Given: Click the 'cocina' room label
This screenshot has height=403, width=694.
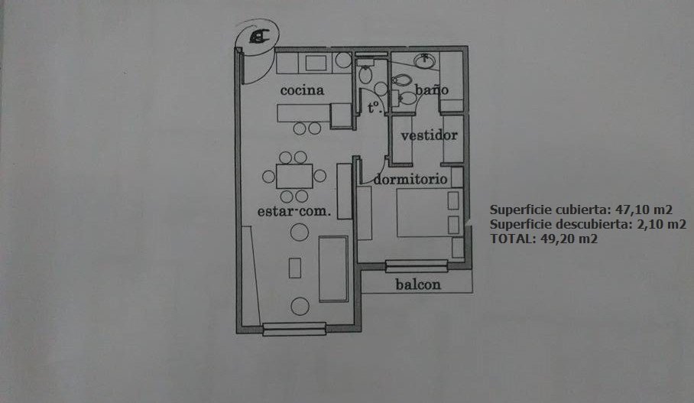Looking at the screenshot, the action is pyautogui.click(x=302, y=90).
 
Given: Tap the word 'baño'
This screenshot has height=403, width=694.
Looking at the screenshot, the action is pyautogui.click(x=432, y=89).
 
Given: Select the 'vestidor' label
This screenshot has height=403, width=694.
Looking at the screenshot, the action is pyautogui.click(x=429, y=135).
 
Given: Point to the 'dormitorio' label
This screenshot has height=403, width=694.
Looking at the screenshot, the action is pyautogui.click(x=410, y=180).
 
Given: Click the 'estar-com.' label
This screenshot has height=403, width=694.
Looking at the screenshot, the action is pyautogui.click(x=294, y=211).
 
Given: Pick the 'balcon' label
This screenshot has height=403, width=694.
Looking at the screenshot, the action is pyautogui.click(x=418, y=284).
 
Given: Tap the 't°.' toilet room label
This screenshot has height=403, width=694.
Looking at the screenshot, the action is pyautogui.click(x=375, y=108).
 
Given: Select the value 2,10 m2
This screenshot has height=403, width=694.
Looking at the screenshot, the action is pyautogui.click(x=661, y=224).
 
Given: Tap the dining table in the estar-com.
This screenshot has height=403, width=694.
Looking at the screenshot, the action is pyautogui.click(x=294, y=176).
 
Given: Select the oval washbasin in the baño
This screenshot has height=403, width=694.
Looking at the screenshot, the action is pyautogui.click(x=424, y=61).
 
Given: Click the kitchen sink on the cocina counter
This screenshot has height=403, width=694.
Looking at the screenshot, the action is pyautogui.click(x=316, y=63).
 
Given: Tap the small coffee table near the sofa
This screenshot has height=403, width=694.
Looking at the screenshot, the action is pyautogui.click(x=295, y=268).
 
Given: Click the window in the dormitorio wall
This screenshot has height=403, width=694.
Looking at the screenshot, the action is pyautogui.click(x=417, y=265).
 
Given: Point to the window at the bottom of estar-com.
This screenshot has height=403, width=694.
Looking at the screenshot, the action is pyautogui.click(x=294, y=329).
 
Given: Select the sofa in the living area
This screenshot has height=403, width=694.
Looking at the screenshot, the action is pyautogui.click(x=333, y=269).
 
